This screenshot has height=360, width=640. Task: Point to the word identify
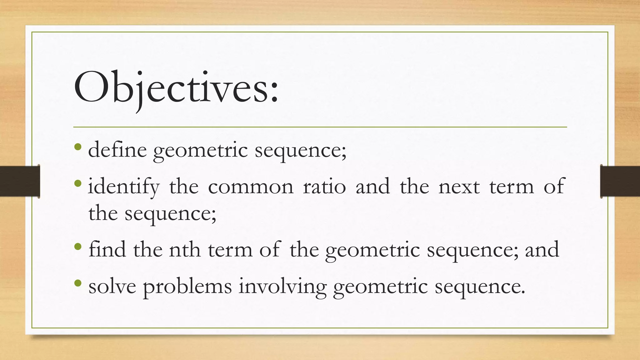pyautogui.click(x=124, y=187)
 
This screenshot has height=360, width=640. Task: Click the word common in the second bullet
pyautogui.click(x=251, y=187)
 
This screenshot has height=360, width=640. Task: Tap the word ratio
pyautogui.click(x=324, y=187)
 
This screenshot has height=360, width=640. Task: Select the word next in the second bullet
pyautogui.click(x=459, y=187)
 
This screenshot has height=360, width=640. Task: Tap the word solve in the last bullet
pyautogui.click(x=112, y=286)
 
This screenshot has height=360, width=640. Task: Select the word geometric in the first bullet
pyautogui.click(x=200, y=150)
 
